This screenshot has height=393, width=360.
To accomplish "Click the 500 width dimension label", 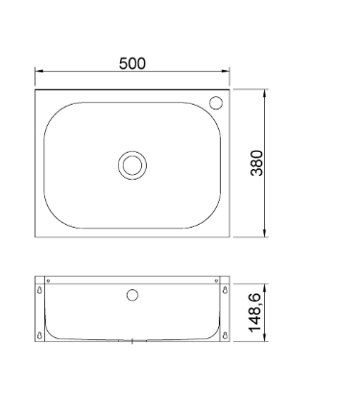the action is point(132,63).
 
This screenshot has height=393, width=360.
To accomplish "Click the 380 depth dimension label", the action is point(256,162).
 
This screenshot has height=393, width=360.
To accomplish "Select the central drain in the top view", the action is point(132,165).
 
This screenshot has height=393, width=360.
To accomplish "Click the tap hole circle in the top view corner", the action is point(216,103).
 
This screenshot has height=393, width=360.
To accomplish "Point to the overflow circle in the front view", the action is point(132,295).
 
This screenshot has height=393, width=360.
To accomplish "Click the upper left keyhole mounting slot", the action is point(39,290).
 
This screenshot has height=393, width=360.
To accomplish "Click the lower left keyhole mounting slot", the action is point(39,335).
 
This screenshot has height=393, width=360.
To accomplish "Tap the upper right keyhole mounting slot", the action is point(226,290).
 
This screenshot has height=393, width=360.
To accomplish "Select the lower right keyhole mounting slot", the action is point(226,335).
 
